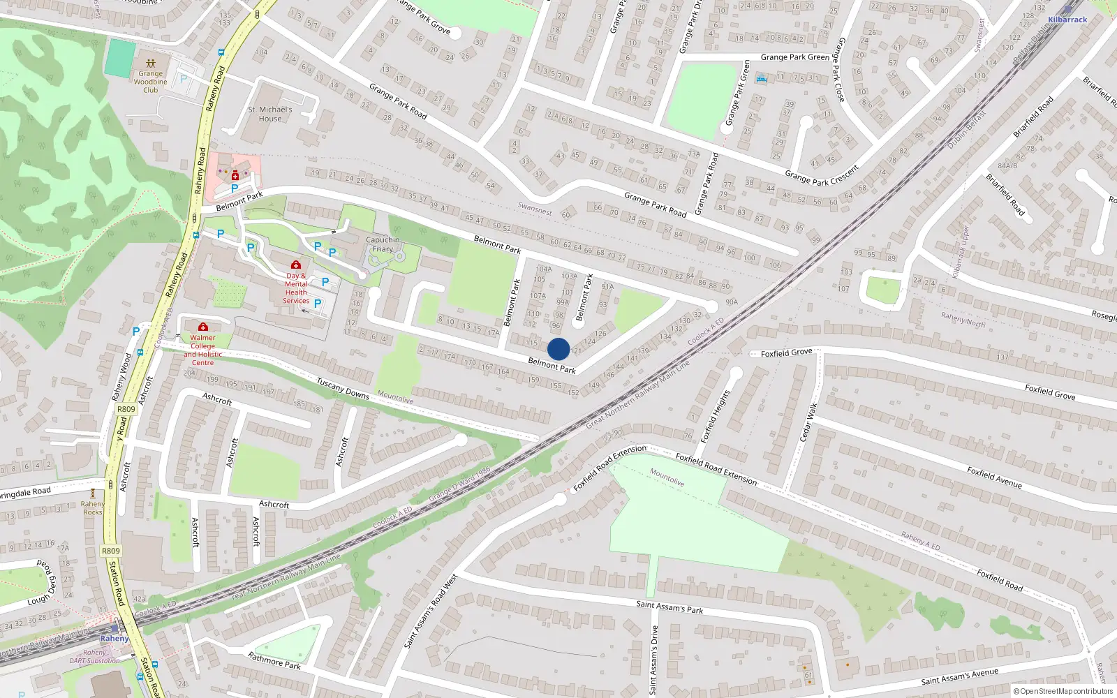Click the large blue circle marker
point(558,349)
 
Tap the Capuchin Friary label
point(383,244)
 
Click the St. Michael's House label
point(270,114)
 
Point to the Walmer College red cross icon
point(203,327)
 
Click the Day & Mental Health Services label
point(296,288)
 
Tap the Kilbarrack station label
point(1067,20)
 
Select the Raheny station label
point(114,639)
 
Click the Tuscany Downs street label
point(343,388)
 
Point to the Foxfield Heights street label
point(715,417)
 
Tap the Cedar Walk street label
point(808,422)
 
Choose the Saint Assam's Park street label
point(670,607)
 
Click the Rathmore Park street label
point(274,660)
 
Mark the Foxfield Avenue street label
point(994,477)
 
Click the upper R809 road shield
point(126,410)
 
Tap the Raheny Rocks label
point(93,508)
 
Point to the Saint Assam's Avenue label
point(959,676)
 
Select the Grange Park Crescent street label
point(822,176)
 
